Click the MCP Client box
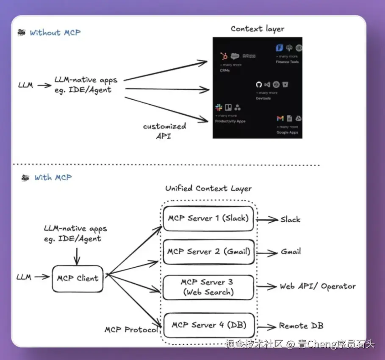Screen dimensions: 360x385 [x=78, y=278]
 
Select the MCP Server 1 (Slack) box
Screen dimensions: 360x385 [x=208, y=219]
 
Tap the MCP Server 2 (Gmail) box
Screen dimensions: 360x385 [x=208, y=251]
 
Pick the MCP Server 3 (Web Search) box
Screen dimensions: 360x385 [x=208, y=287]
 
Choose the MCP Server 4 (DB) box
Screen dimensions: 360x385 [x=208, y=325]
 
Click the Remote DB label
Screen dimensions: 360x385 [x=301, y=326]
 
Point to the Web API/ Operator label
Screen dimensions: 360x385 [x=317, y=286]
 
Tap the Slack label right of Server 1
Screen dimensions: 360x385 [x=290, y=219]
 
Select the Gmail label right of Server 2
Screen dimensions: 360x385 [x=291, y=251]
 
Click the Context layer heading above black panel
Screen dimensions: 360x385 [x=257, y=29]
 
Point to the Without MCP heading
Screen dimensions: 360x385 [x=55, y=32]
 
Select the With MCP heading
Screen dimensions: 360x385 [x=53, y=177]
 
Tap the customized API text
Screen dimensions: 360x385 [x=164, y=131]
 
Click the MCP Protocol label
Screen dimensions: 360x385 [x=131, y=329]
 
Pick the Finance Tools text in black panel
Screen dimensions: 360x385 [x=288, y=62]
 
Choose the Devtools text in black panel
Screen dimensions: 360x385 [x=263, y=98]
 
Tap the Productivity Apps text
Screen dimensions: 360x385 [x=230, y=121]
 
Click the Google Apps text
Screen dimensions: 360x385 [x=288, y=132]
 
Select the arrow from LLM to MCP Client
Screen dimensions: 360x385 [x=42, y=277]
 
